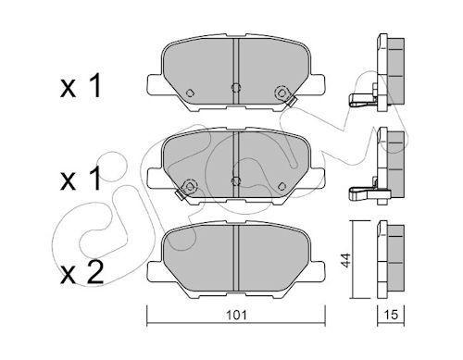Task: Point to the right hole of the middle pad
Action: [279, 182]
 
